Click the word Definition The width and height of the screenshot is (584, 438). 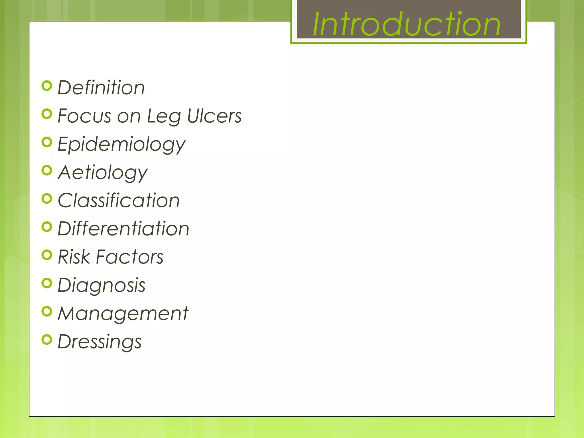pos(101,88)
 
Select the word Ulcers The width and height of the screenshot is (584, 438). pos(214,116)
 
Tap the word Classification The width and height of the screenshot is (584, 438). pos(119,200)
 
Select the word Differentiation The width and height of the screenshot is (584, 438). pos(123,229)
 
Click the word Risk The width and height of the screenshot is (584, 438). pos(74,257)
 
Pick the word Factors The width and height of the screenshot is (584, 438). pos(129,257)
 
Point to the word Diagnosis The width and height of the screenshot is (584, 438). pos(102,285)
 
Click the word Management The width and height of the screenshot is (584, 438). pos(123,313)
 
